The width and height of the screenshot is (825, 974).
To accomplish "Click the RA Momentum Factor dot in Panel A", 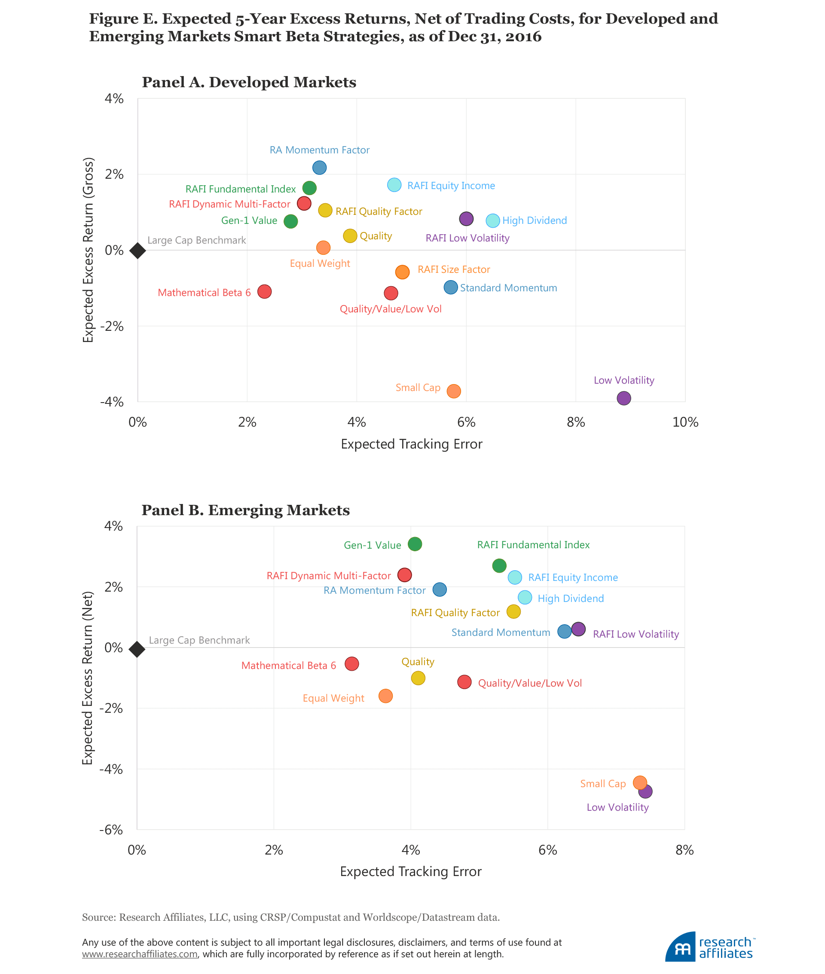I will [319, 168].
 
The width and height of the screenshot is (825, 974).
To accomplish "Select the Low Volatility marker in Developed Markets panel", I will [624, 398].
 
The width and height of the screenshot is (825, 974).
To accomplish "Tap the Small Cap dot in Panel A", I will [454, 391].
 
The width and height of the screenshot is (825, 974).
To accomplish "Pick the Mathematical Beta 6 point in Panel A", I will [265, 292].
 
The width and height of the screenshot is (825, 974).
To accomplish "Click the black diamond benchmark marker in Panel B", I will [137, 650].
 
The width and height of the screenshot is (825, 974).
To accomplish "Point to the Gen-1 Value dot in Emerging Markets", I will [415, 544].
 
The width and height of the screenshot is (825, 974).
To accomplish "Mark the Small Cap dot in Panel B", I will [640, 783].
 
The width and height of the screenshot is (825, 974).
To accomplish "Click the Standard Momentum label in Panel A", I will [508, 288].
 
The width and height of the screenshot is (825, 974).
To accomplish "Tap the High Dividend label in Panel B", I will [571, 598].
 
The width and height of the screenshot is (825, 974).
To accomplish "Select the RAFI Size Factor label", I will [454, 270].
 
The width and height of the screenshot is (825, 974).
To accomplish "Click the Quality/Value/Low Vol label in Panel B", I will [530, 683].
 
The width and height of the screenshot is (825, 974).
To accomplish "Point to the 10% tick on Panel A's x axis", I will [685, 423].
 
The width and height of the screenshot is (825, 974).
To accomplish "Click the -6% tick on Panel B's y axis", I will [111, 830].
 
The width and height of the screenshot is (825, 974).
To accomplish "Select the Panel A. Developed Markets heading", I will [249, 82].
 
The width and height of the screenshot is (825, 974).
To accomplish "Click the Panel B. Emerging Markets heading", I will [245, 510].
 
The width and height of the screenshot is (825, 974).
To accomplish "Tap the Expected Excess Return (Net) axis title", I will [88, 678].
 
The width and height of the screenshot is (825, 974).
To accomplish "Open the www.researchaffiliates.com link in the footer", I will [140, 954].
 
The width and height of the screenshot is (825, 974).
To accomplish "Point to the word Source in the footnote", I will [99, 917].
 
